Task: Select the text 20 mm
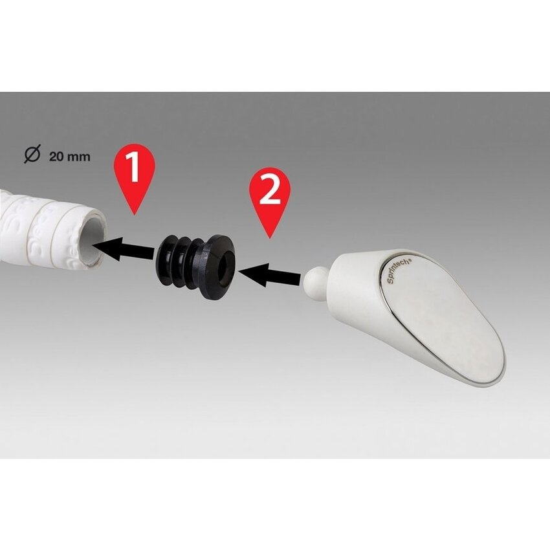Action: point(70,157)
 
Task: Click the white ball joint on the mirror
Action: point(314,279)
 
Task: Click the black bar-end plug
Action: point(197,265)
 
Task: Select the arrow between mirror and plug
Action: point(271,276)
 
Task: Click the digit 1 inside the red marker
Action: point(133,168)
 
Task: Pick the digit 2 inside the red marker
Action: point(270,189)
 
